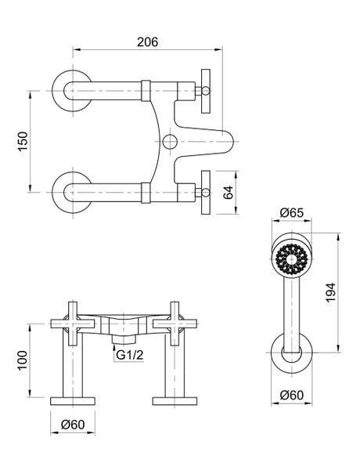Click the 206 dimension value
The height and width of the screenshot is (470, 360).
click(x=146, y=42)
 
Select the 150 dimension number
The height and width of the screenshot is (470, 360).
click(x=24, y=141)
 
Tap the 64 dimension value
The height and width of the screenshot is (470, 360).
click(x=229, y=192)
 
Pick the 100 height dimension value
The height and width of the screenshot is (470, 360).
click(x=24, y=360)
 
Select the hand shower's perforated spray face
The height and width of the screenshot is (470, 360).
click(x=291, y=255)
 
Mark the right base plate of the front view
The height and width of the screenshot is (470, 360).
click(x=173, y=400)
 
